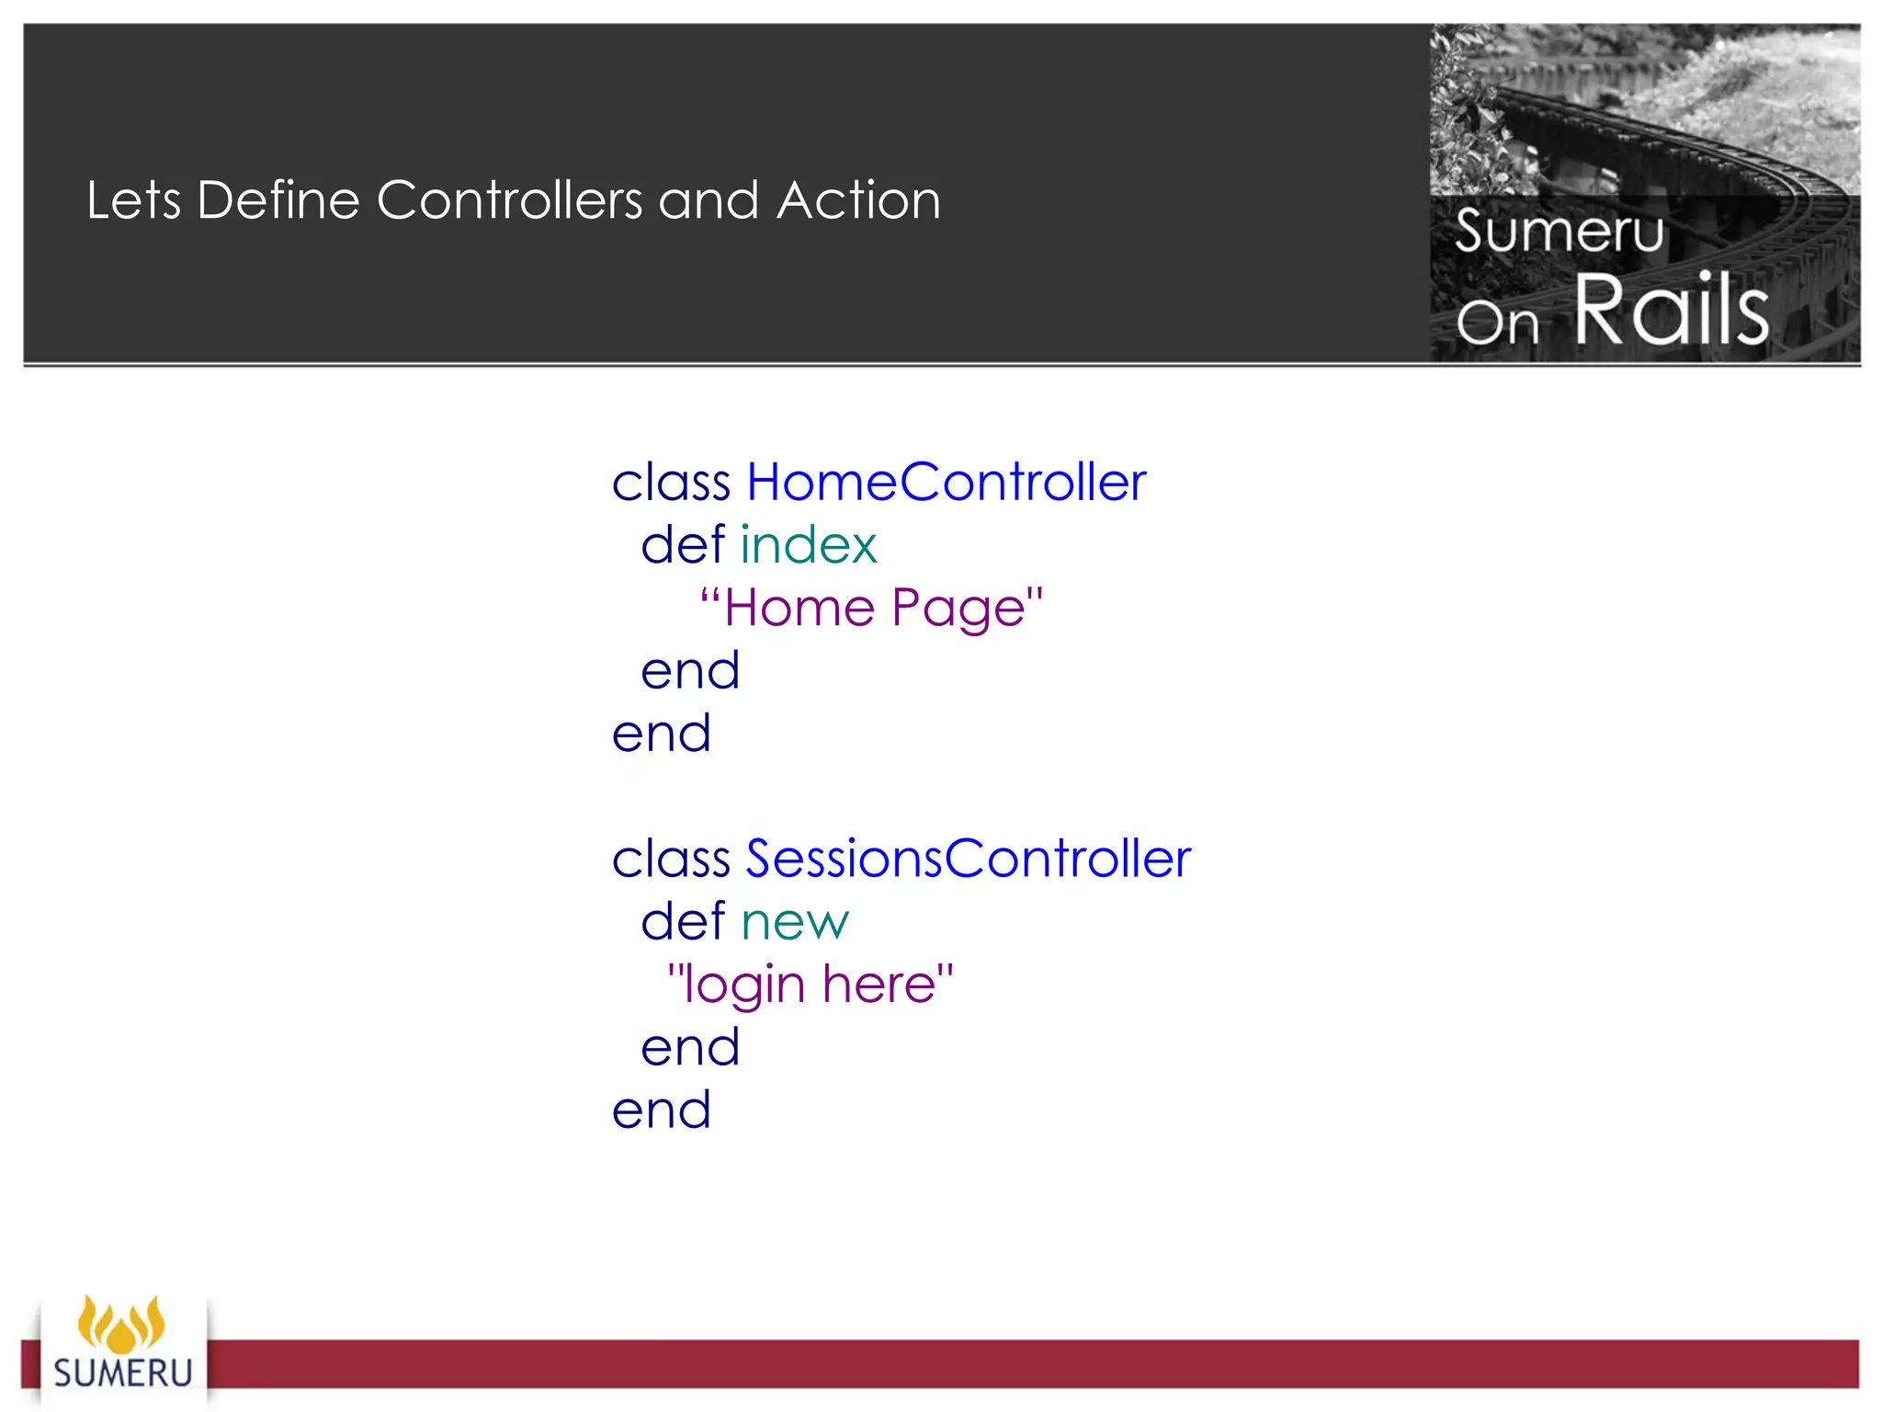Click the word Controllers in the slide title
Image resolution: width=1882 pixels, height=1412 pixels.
tap(510, 200)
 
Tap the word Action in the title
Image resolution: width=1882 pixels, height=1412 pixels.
tap(858, 200)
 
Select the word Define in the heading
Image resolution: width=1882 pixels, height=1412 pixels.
tap(278, 200)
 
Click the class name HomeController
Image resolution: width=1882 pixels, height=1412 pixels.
tap(946, 482)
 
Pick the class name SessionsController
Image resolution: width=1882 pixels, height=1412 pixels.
tap(968, 859)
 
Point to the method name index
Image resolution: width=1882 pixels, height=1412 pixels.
tap(809, 544)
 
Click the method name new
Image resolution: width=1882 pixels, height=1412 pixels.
tap(795, 922)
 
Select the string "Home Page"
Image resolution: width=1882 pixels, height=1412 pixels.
tap(871, 608)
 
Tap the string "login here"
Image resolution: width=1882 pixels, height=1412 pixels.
tap(811, 985)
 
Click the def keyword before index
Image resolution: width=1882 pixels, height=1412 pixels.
tap(683, 544)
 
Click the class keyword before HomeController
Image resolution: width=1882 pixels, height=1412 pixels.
tap(671, 482)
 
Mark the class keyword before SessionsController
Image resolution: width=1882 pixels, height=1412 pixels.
tap(671, 859)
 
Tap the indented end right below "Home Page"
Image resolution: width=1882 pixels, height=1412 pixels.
tap(690, 670)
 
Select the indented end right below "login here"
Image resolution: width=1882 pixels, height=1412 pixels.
tap(690, 1047)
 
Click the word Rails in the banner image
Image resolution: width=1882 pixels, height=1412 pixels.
tap(1672, 310)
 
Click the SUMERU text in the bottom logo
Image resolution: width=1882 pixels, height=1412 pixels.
tap(123, 1372)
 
